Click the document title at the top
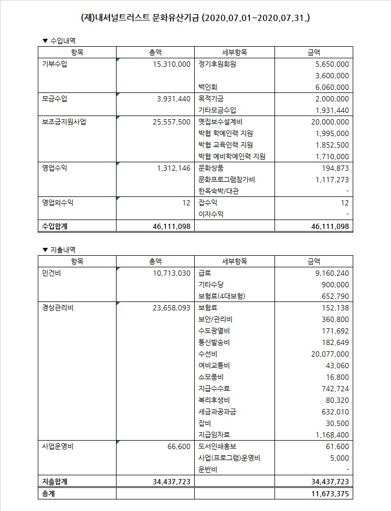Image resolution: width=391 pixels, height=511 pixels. tap(195, 17)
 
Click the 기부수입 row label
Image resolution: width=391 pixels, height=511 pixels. tap(55, 64)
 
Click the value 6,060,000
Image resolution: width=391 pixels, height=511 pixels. tap(330, 87)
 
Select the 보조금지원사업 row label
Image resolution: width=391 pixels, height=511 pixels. tap(64, 122)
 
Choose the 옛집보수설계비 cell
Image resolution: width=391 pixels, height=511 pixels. tap(219, 122)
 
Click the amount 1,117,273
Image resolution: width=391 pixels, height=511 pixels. tap(330, 180)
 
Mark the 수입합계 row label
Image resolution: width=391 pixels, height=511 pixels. tap(55, 226)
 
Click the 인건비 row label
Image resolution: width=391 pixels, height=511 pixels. tap(51, 273)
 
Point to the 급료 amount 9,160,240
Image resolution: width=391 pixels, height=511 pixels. tap(330, 273)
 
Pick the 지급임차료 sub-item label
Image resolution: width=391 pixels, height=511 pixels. tap(215, 434)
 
